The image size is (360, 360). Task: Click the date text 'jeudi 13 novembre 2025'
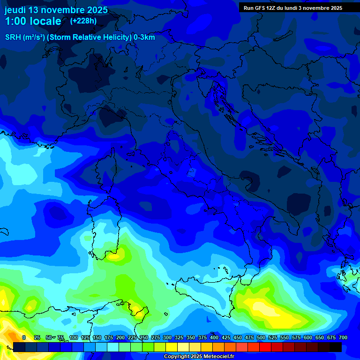pos(56,10)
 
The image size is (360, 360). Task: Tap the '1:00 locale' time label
pos(33,21)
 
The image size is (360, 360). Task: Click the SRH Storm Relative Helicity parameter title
pos(80,37)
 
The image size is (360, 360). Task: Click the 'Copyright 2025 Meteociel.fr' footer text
pos(199,357)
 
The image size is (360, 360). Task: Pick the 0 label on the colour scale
pos(24,337)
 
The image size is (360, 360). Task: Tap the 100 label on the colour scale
pos(73,337)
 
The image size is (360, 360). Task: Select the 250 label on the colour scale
pos(143,337)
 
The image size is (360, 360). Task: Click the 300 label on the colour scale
pos(167,337)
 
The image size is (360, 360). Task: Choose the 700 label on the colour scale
pos(343,337)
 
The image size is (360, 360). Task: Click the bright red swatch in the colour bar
pos(265,347)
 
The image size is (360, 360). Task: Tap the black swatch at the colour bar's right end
pos(335,347)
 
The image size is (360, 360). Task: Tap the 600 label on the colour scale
pos(307,337)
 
